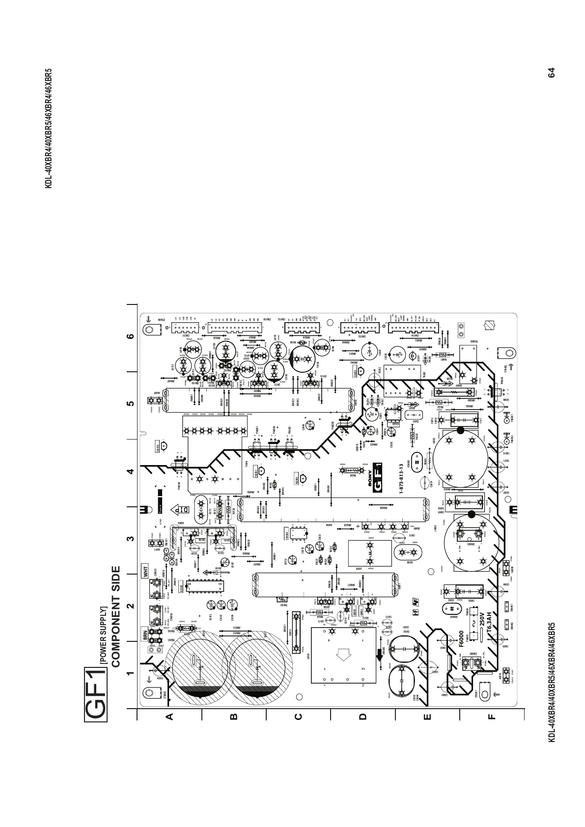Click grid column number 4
(130, 471)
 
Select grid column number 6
(130, 336)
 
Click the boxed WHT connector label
(146, 571)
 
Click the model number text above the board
(49, 128)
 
